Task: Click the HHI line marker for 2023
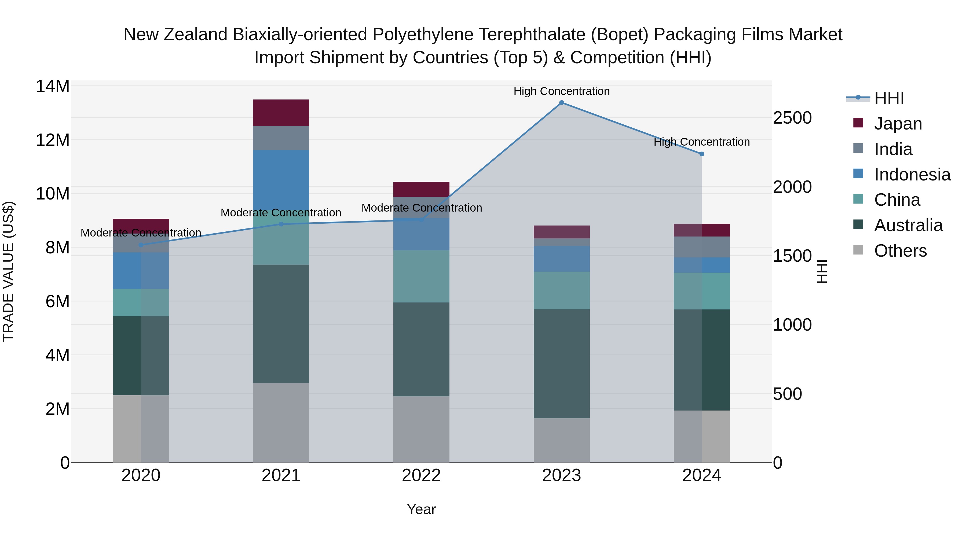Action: pyautogui.click(x=561, y=103)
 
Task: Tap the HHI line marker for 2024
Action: pyautogui.click(x=702, y=154)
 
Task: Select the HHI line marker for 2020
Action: pyautogui.click(x=141, y=245)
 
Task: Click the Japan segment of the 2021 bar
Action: pyautogui.click(x=281, y=113)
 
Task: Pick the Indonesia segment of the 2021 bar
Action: pyautogui.click(x=281, y=180)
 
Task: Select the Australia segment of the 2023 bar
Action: pyautogui.click(x=561, y=364)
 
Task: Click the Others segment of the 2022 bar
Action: pyautogui.click(x=421, y=429)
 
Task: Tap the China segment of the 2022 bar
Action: pyautogui.click(x=421, y=276)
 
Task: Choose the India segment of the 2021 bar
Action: pyautogui.click(x=281, y=138)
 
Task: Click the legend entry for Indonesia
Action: pyautogui.click(x=912, y=175)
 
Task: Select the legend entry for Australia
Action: pyautogui.click(x=908, y=226)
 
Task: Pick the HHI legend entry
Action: pyautogui.click(x=889, y=98)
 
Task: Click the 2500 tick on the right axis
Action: pyautogui.click(x=792, y=118)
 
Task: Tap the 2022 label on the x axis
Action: pyautogui.click(x=421, y=475)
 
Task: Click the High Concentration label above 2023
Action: pyautogui.click(x=561, y=91)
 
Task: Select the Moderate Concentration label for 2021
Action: pyautogui.click(x=281, y=213)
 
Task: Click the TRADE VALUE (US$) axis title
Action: pyautogui.click(x=8, y=271)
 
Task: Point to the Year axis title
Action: pyautogui.click(x=421, y=509)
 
